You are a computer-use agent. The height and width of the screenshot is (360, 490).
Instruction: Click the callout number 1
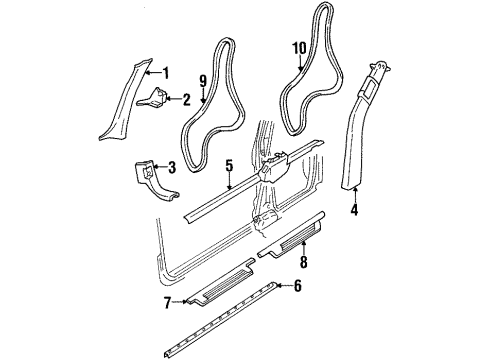coord(165,71)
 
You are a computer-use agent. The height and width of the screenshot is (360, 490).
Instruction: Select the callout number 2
coord(185,98)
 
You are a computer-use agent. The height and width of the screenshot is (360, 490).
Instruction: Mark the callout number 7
coord(167,301)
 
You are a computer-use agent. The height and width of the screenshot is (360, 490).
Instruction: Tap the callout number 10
coord(297,47)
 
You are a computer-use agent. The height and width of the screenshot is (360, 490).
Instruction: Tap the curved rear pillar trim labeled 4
coord(358,130)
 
